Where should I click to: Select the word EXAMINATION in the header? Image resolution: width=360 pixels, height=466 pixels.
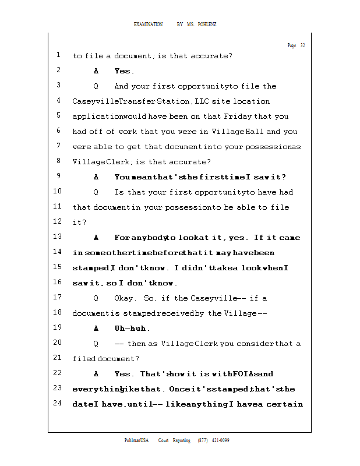[x=149, y=24]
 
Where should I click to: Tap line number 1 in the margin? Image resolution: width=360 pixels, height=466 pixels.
[x=59, y=55]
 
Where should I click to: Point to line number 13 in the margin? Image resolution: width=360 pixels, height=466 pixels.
[x=57, y=237]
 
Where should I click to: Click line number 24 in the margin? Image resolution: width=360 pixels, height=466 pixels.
[x=57, y=403]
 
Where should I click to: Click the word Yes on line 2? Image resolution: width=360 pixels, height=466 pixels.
[x=124, y=71]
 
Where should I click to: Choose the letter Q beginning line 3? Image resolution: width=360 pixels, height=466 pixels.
[x=96, y=86]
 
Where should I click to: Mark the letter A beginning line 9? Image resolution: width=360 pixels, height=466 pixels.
[x=96, y=177]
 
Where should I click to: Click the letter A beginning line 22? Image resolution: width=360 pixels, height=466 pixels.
[x=96, y=374]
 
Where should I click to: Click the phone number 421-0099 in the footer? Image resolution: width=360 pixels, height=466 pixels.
[x=220, y=440]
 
